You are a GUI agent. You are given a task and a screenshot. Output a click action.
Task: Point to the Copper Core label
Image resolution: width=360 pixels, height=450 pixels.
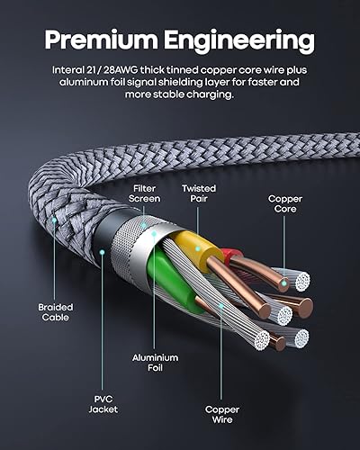285,204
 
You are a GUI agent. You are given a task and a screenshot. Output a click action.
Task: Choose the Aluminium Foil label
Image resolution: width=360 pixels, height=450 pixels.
156,362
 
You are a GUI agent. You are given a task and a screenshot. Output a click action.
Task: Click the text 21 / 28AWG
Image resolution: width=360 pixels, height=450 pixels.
122,68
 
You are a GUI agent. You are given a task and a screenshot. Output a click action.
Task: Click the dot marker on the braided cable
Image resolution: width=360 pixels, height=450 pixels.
53,218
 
